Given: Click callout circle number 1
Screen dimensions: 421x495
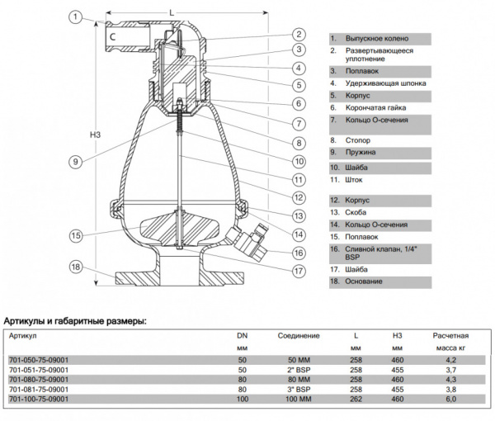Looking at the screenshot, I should (x=75, y=16).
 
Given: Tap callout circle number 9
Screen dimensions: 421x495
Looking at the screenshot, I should (x=75, y=162).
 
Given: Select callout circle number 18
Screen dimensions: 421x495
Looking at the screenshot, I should (x=75, y=267).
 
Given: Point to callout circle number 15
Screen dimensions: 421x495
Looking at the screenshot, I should (x=75, y=236).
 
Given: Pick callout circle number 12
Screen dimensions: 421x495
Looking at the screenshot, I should (x=299, y=196).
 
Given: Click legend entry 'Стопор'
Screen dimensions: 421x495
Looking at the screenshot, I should (x=359, y=140).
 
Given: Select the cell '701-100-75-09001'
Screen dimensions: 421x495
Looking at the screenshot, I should (x=38, y=400).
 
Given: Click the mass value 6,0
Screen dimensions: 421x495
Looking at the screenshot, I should (x=450, y=400).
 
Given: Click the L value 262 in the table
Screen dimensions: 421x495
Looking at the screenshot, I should (x=354, y=400).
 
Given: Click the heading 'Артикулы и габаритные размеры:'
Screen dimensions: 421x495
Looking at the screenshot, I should (x=75, y=320).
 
